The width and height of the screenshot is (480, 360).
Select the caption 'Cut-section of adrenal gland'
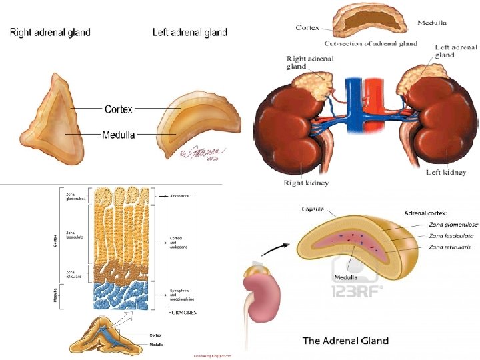[x=371, y=44]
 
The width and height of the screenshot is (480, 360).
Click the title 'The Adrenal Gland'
[x=345, y=341]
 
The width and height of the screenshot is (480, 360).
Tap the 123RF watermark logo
[x=357, y=291]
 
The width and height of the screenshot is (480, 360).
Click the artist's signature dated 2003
[x=204, y=154]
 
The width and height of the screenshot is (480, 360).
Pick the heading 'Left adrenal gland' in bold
[x=189, y=32]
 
